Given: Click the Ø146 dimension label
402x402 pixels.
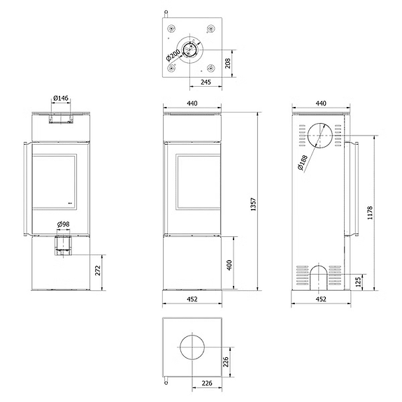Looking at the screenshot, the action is [61, 98].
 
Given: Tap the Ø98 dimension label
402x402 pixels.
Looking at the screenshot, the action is [64, 224].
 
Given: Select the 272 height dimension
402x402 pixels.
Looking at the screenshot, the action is [98, 271].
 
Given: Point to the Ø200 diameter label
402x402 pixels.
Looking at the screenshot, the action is [173, 56].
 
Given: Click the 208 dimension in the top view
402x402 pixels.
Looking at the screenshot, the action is [228, 64].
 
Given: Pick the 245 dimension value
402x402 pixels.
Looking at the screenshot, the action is [206, 82].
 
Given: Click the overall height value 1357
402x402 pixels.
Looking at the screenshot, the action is [253, 204].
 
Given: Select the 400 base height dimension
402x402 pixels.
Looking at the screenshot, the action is [229, 265].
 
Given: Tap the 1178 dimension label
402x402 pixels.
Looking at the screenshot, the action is [370, 213].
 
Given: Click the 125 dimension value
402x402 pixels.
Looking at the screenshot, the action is [359, 281].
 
